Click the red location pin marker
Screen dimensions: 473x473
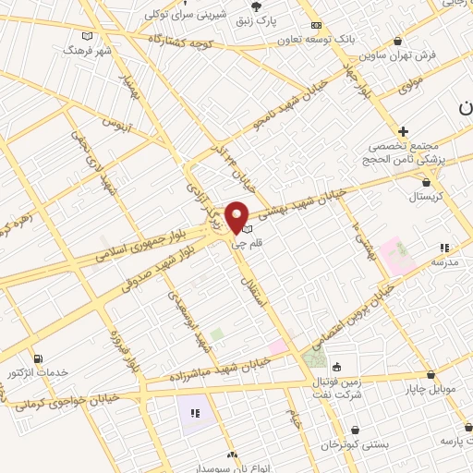point(236,216)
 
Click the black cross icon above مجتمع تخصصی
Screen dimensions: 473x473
point(403,131)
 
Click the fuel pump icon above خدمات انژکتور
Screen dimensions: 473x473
point(38,358)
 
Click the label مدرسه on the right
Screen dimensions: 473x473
point(444,261)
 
